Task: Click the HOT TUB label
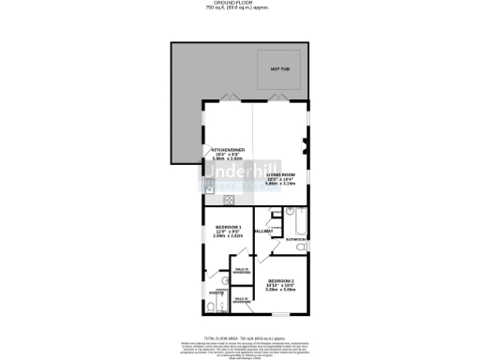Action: [x=279, y=69]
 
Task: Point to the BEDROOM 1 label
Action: [x=229, y=228]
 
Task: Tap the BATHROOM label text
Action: [x=296, y=240]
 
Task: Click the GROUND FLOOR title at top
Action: [x=240, y=4]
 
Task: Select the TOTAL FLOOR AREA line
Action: [x=239, y=334]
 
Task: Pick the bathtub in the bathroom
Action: [x=295, y=222]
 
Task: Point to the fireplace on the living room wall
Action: [x=304, y=145]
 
